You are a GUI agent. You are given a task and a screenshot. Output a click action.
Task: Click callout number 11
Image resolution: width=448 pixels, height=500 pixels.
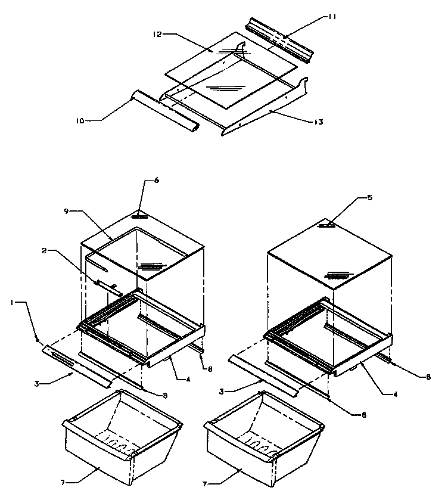pos(332,17)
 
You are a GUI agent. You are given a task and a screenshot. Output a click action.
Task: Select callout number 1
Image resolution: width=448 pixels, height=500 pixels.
pos(12,303)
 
